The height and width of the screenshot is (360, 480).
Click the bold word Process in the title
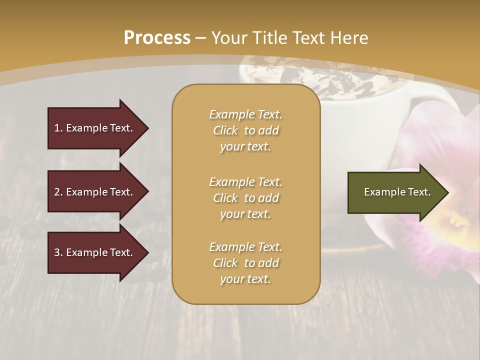[x=157, y=38]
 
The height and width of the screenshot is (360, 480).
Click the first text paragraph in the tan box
[x=245, y=130]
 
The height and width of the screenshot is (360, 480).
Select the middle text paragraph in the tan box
[x=245, y=198]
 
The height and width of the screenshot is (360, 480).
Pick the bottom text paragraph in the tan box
[x=245, y=263]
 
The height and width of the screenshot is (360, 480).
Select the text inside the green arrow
[x=397, y=192]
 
